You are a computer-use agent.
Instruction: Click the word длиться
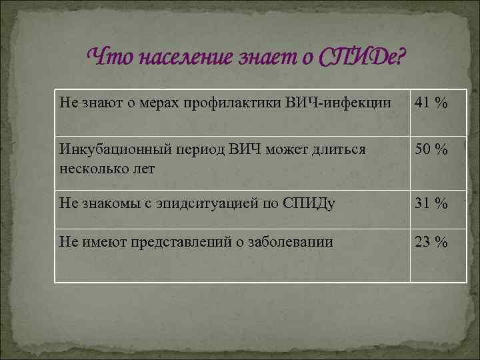click(339, 149)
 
